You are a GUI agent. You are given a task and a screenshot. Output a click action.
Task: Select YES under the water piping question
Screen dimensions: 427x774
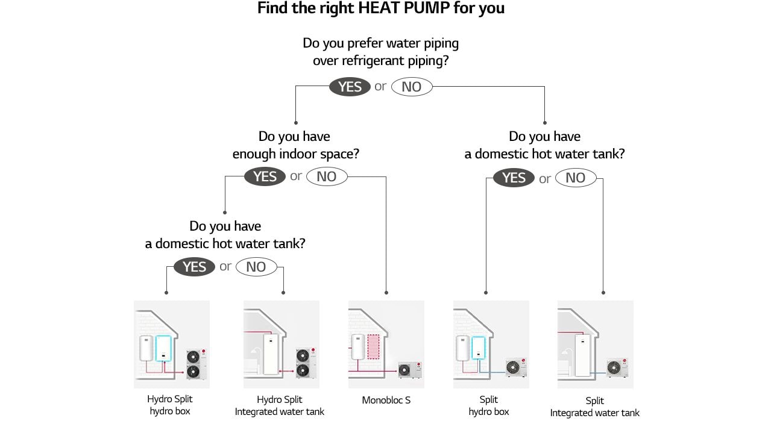350,87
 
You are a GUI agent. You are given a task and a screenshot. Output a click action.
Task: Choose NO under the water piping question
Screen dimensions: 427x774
412,87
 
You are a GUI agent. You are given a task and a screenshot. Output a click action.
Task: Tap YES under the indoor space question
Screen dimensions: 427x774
265,176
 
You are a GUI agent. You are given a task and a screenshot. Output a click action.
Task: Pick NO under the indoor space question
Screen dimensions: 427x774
327,176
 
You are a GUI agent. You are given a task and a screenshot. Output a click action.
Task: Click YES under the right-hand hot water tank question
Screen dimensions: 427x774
514,178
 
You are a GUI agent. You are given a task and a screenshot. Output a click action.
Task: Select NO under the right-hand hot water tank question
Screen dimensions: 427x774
576,178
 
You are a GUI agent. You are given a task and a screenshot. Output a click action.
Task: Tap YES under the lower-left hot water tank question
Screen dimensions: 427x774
194,267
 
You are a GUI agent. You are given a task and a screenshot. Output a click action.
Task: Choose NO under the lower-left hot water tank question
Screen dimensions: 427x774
256,267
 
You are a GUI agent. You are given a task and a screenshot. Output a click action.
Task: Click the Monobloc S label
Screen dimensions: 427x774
386,400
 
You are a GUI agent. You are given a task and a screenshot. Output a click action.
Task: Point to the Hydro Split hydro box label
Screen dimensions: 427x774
170,405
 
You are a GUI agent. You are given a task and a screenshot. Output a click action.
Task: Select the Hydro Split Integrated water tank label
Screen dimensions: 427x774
280,405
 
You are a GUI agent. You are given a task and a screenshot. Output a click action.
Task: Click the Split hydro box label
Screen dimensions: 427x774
489,405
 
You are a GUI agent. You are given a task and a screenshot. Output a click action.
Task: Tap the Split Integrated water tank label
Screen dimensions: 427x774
594,407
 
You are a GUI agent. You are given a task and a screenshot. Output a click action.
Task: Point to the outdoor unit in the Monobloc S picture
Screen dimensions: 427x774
411,369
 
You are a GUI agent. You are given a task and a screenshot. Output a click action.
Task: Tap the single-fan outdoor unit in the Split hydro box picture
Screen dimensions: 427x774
515,367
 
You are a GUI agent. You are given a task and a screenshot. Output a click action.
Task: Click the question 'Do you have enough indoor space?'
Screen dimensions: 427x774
295,145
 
